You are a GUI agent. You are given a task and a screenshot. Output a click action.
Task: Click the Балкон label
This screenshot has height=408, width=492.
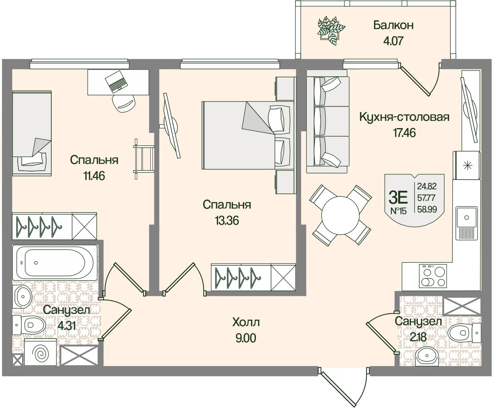pyautogui.click(x=393, y=25)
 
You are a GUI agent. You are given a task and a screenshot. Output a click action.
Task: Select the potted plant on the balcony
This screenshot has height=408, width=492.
pyautogui.click(x=331, y=29)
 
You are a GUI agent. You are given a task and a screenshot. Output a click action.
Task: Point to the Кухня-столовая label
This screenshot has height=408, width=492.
pyautogui.click(x=404, y=117)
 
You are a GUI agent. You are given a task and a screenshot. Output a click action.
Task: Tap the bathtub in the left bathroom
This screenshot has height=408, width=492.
pyautogui.click(x=55, y=263)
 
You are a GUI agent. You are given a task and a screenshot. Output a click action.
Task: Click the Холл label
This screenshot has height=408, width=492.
pyautogui.click(x=246, y=322)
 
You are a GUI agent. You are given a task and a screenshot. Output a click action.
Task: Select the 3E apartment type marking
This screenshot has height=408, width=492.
pyautogui.click(x=398, y=197)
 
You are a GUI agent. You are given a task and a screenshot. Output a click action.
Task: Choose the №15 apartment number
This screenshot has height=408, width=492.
pyautogui.click(x=398, y=210)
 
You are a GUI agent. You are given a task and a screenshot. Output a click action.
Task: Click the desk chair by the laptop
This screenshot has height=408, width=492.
pyautogui.click(x=124, y=103)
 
